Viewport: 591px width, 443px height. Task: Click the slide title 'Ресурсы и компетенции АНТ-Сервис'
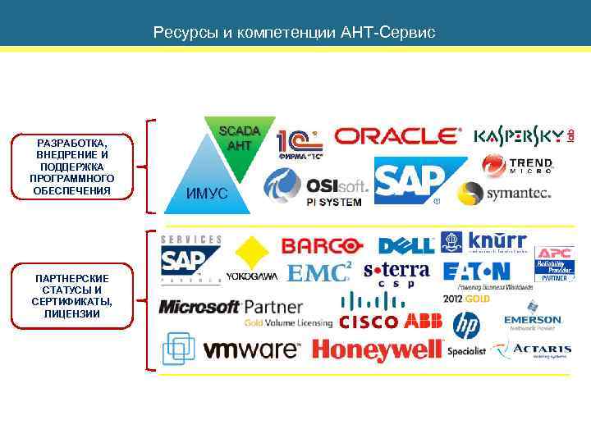(295, 34)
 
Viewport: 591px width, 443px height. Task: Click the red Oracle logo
(398, 136)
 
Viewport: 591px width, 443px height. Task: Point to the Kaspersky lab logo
(523, 136)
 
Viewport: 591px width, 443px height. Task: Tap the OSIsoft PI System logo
(316, 188)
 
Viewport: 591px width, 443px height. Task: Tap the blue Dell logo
(405, 245)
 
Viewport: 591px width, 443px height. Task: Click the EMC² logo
(319, 272)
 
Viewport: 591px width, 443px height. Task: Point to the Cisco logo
(369, 313)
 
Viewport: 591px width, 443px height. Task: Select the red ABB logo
(423, 321)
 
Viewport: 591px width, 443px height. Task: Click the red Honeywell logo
(378, 350)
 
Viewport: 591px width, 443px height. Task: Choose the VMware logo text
(251, 350)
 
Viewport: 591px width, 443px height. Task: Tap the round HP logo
(466, 326)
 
